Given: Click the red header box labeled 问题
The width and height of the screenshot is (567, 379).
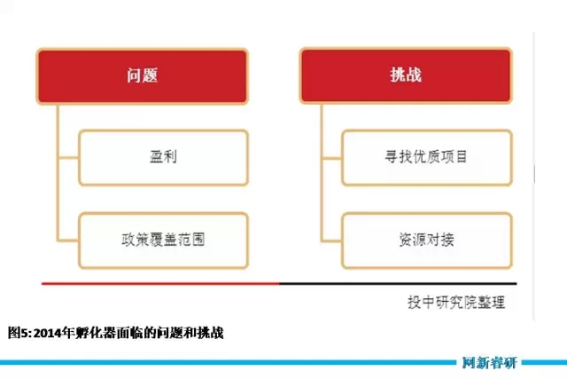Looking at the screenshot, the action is click(142, 76).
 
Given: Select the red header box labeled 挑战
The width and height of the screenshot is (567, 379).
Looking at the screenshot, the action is click(406, 75).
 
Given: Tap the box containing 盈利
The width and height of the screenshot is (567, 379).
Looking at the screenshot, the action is click(163, 158).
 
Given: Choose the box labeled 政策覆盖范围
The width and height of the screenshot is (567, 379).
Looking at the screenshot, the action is click(163, 241).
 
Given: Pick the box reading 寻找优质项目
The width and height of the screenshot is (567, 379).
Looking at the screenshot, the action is click(427, 158).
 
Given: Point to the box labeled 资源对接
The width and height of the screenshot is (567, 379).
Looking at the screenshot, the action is click(427, 241).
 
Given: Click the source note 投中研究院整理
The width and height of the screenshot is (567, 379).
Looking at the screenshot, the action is click(456, 302).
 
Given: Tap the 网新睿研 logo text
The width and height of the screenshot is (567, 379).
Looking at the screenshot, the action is click(490, 363).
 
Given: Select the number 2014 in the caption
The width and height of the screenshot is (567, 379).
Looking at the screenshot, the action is click(47, 333).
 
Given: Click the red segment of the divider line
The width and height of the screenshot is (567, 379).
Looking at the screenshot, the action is click(161, 284).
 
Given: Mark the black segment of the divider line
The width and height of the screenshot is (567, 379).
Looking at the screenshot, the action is click(398, 284).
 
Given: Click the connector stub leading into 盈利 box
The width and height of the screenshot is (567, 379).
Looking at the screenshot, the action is click(69, 158).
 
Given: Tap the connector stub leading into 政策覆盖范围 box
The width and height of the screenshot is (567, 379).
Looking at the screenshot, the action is click(69, 241).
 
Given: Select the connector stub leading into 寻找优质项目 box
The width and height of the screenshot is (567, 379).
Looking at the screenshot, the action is click(332, 158).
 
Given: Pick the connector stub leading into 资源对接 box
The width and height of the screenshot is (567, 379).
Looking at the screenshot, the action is click(332, 241).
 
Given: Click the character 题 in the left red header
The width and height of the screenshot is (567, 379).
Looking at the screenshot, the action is click(150, 75).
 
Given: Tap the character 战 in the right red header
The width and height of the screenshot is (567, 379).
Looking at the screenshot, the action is click(414, 75).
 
